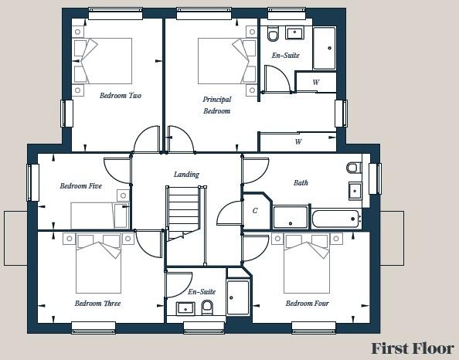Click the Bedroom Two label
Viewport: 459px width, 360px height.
(120, 97)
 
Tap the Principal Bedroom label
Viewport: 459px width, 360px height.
(216, 105)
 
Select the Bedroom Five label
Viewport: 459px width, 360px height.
(80, 186)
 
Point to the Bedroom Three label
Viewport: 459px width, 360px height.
(97, 304)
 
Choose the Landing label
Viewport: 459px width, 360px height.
(186, 175)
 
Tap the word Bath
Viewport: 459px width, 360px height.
(301, 183)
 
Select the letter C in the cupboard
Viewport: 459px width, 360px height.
(255, 210)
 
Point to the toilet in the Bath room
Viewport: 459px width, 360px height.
(352, 167)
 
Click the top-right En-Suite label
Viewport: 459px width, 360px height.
(285, 56)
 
